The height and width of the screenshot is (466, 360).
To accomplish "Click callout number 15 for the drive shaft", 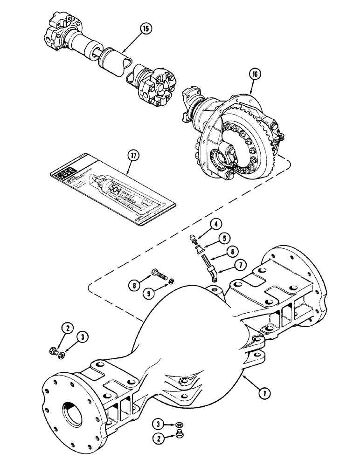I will [x=145, y=28].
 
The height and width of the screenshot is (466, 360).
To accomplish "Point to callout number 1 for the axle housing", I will [x=263, y=394].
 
